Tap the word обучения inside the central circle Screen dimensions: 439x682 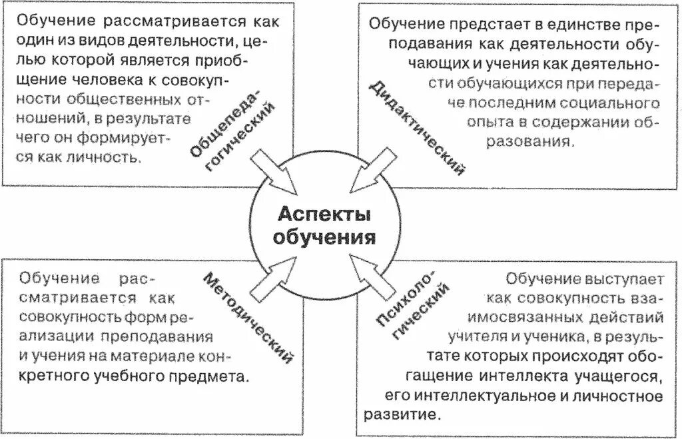coord(324,237)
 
